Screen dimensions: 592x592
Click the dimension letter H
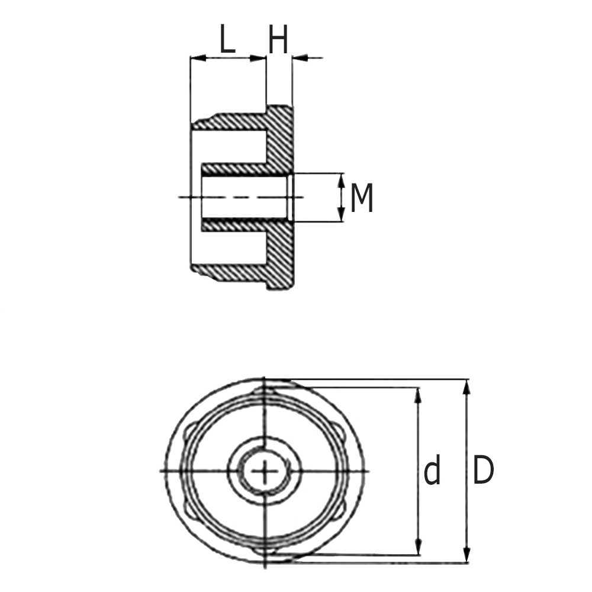tap(278, 40)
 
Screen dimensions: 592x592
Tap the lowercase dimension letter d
tap(433, 472)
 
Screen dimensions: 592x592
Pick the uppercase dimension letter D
tap(483, 472)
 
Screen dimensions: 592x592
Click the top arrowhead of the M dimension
tap(341, 179)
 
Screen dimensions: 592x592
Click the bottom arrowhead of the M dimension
tap(341, 216)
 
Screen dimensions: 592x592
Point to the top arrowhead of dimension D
tap(467, 386)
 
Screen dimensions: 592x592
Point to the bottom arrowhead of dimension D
tap(467, 556)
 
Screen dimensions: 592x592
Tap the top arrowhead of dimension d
tap(418, 394)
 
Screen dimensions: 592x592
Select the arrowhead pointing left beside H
tap(299, 58)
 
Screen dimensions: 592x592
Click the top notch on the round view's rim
tap(265, 391)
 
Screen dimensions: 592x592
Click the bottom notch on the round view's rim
tap(265, 551)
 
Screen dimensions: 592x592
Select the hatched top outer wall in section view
tap(237, 122)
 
